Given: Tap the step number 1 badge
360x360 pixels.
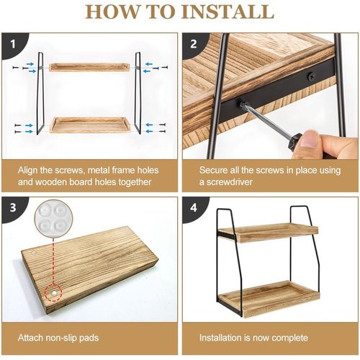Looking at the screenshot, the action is pos(13,44).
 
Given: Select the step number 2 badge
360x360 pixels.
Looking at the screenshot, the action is pos(194,44).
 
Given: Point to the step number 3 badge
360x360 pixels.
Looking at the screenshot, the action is pos(13,208).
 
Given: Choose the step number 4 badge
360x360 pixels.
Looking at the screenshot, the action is pos(194,208).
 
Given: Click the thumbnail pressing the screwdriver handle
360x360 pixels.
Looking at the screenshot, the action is pos(311,138).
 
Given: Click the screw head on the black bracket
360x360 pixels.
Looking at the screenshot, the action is pos(311,76).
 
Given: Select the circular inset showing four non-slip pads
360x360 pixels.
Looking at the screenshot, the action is pos(53,218).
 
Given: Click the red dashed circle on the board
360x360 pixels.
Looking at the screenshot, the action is pos(53,292).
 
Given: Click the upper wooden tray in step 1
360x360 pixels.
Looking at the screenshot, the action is pos(89,67).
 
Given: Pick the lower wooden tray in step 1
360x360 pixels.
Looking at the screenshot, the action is pos(90,125).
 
